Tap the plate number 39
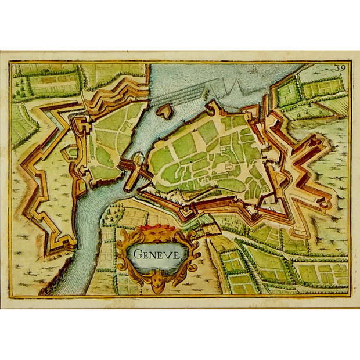pos(341,68)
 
